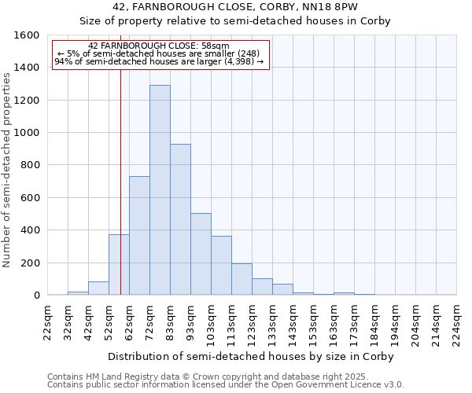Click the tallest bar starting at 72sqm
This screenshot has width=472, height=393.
[160, 190]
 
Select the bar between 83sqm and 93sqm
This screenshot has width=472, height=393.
[180, 219]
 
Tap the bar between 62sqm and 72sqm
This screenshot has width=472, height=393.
[139, 236]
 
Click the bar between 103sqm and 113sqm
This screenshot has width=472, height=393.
[221, 266]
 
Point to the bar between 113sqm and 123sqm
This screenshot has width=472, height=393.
[242, 279]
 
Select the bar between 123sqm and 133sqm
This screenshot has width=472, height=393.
[262, 287]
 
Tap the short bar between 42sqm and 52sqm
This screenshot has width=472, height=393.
[98, 288]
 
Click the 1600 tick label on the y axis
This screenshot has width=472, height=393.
[26, 35]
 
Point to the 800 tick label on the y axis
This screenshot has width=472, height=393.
[29, 165]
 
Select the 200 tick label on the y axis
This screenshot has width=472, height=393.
[29, 263]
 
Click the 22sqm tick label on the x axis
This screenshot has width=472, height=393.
[48, 322]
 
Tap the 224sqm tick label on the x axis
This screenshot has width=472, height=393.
[457, 322]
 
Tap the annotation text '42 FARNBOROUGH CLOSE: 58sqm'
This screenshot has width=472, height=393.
[159, 46]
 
